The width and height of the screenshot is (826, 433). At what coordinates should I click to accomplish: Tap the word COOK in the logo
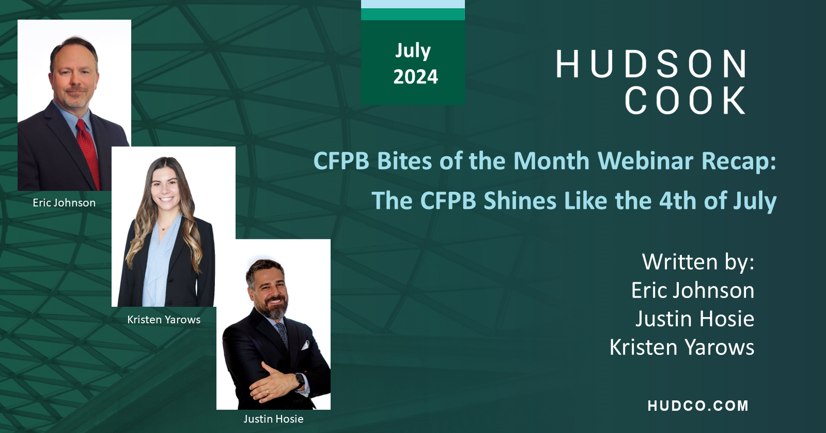685,100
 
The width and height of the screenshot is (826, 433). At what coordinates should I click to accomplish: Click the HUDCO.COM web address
698,406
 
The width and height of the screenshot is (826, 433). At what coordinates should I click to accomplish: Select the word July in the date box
413,51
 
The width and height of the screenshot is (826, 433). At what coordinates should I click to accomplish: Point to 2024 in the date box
415,77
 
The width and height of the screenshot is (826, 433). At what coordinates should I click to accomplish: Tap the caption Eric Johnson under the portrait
64,203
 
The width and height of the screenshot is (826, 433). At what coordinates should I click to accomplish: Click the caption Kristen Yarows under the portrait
164,320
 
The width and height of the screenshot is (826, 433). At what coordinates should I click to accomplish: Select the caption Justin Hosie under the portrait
273,419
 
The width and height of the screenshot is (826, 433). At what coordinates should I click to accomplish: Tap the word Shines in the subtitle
520,201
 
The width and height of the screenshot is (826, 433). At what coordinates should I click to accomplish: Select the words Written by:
698,262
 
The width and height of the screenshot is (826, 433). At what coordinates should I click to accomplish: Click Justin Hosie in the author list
694,319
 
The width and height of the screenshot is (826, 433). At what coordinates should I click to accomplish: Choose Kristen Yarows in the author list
681,347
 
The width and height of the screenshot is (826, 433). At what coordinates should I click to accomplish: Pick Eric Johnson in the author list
692,290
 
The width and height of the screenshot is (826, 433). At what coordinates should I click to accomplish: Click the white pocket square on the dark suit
306,345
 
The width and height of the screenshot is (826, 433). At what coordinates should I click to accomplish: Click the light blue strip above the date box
413,4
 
